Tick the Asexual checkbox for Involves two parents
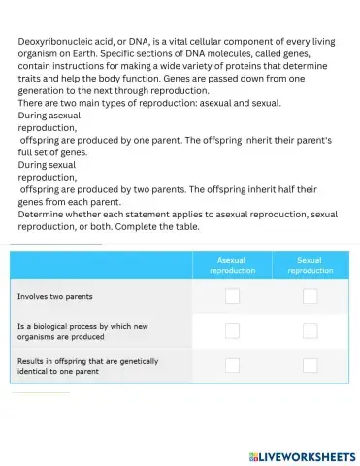(233, 296)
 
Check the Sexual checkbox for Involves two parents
(310, 296)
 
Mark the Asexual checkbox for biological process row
(233, 331)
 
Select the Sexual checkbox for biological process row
(310, 331)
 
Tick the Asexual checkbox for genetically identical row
(233, 365)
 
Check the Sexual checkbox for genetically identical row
(310, 365)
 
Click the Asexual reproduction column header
(233, 266)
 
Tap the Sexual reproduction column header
(310, 266)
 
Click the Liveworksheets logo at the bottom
(302, 455)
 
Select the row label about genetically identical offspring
(87, 365)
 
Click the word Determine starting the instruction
(44, 214)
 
